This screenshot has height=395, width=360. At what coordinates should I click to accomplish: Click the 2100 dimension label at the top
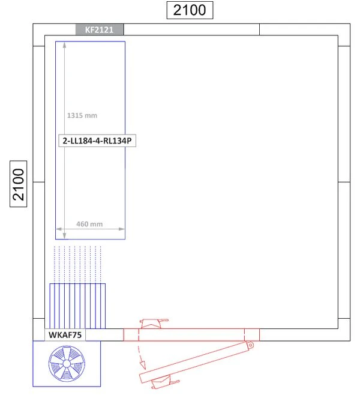190,10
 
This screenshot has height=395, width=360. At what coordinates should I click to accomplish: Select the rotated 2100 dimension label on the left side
19,184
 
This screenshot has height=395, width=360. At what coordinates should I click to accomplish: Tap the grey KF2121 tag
100,30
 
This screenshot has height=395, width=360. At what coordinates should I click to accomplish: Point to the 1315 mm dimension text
82,116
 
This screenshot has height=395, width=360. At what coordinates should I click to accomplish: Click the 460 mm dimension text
89,224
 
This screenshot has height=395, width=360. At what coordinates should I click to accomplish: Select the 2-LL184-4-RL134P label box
97,140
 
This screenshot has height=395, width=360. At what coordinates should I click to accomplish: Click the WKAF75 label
65,335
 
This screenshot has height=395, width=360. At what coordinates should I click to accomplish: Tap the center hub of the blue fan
67,364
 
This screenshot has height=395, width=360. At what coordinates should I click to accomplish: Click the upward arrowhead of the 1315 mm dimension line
65,45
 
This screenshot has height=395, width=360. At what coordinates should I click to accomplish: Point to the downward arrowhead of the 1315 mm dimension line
65,236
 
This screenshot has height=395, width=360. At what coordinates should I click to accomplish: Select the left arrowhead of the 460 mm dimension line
59,229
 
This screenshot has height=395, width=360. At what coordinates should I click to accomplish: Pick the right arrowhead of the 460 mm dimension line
122,229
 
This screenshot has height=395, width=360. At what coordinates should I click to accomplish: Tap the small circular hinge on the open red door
250,345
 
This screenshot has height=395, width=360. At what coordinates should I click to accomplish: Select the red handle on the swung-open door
165,382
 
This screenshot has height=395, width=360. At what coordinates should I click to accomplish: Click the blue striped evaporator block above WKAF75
77,306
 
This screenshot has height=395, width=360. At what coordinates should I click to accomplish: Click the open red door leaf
196,362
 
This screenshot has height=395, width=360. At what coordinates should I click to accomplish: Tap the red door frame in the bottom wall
191,335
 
